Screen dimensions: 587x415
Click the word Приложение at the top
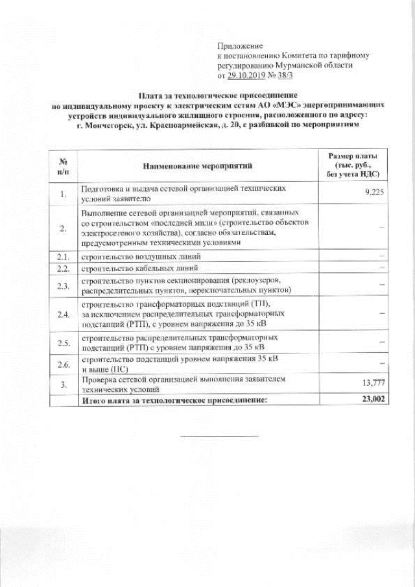coord(240,46)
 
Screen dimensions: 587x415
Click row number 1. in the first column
coord(63,193)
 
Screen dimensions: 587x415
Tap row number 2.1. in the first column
coord(63,257)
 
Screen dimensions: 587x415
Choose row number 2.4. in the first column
coord(63,315)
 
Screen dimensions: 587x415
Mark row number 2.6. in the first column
coord(63,365)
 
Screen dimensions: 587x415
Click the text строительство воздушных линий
coord(127,257)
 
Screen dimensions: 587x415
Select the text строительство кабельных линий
coord(126,268)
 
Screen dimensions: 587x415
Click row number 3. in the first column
coord(63,385)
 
